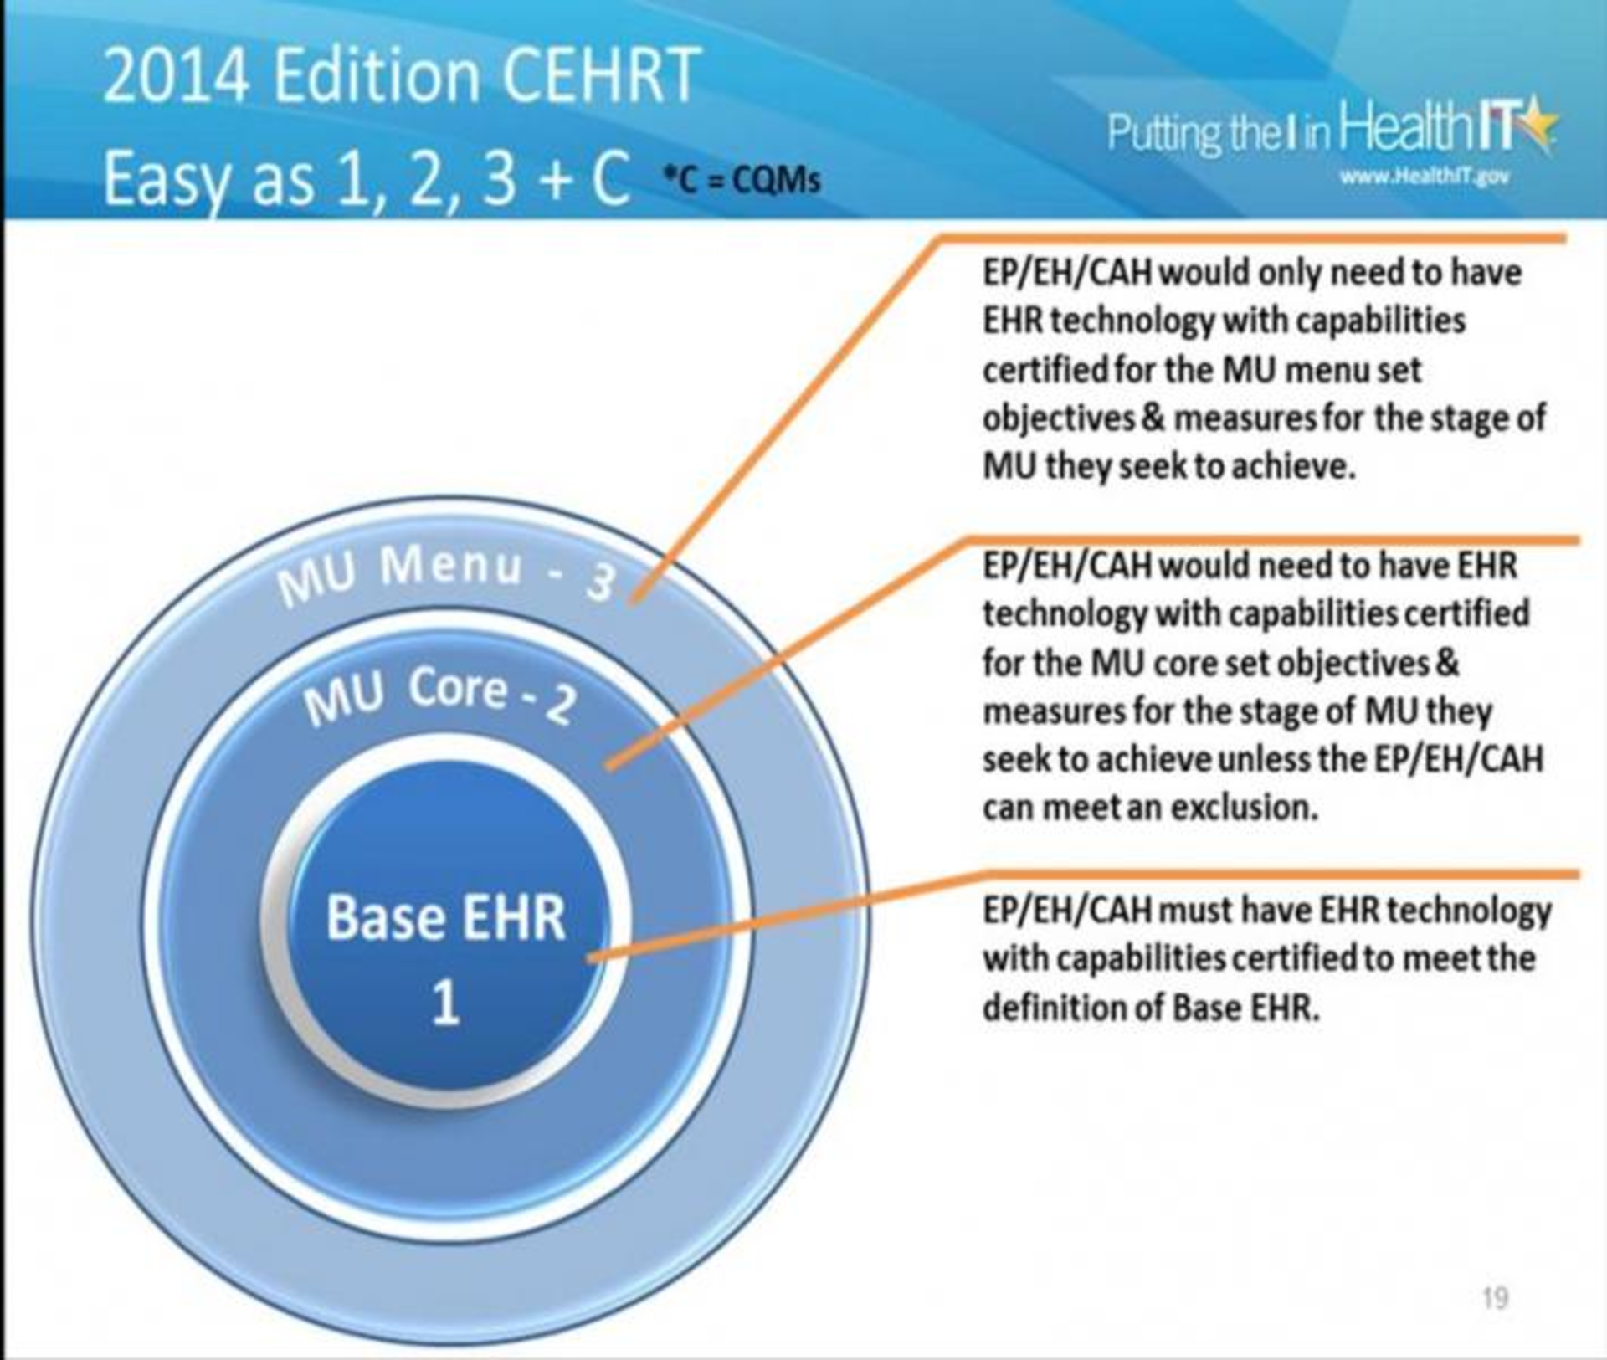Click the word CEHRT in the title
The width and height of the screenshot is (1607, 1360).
(600, 75)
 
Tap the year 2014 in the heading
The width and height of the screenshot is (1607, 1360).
(177, 75)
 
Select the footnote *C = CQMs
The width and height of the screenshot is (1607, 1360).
(741, 180)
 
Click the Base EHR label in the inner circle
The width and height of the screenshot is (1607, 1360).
(445, 918)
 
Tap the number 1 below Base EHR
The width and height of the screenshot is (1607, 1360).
(445, 1002)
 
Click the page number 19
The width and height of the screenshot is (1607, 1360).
(1495, 1298)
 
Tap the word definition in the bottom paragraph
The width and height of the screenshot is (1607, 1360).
(1054, 1008)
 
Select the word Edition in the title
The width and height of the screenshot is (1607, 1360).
(376, 75)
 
